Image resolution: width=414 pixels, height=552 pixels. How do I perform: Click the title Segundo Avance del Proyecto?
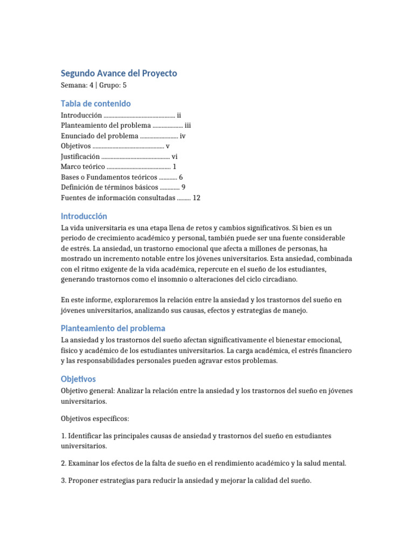[119, 73]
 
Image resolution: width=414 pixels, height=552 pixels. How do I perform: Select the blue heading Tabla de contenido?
[95, 103]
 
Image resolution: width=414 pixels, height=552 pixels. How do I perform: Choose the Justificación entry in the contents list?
[80, 156]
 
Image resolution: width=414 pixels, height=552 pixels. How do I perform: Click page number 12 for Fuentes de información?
[196, 198]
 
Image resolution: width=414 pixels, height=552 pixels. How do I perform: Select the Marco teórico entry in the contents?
[82, 167]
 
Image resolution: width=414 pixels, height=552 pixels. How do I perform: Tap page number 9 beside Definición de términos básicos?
[184, 187]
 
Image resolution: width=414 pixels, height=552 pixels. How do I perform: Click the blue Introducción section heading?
[88, 216]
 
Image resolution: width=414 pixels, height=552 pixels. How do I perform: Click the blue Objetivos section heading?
[78, 379]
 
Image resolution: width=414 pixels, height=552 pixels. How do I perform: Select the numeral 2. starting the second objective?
[64, 463]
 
